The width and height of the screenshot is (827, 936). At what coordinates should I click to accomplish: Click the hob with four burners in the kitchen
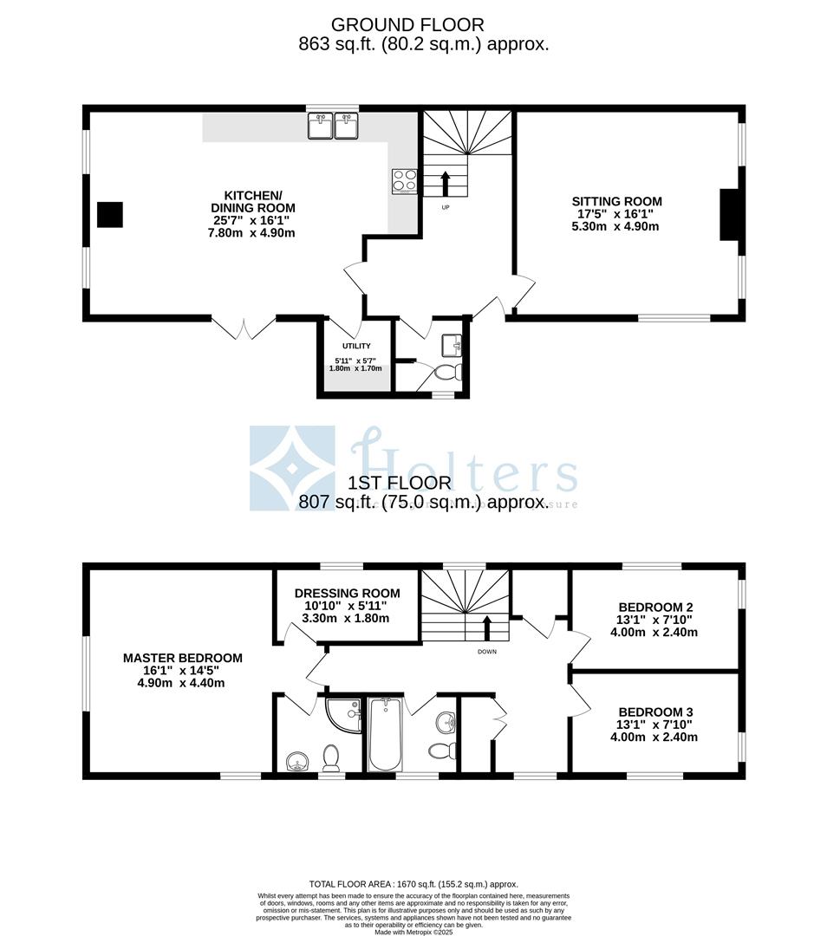(404, 180)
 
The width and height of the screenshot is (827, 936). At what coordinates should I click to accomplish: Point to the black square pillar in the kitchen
(109, 214)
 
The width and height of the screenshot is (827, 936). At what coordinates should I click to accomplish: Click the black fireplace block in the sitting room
(728, 214)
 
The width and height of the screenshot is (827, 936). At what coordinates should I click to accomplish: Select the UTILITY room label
(355, 347)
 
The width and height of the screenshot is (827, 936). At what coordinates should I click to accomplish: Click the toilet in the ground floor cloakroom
(446, 373)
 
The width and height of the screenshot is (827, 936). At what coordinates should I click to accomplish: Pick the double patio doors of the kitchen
(244, 327)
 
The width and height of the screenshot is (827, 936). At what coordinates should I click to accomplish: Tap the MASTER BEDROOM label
(182, 658)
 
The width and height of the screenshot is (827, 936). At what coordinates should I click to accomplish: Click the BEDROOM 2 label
(654, 607)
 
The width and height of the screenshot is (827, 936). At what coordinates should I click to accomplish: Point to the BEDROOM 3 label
(654, 712)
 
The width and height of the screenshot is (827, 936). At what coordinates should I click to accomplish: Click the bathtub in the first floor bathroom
(384, 734)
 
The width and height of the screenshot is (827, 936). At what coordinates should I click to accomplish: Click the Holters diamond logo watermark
(292, 468)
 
